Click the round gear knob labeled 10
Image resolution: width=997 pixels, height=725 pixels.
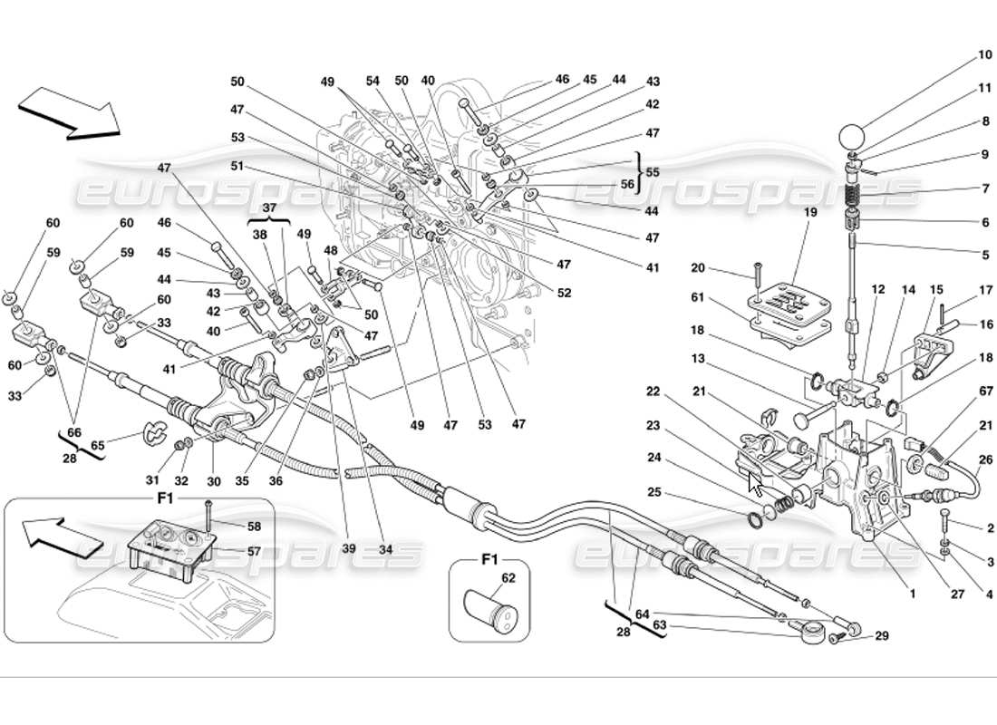pyautogui.click(x=851, y=137)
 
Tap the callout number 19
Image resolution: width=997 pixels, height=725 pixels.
pyautogui.click(x=809, y=212)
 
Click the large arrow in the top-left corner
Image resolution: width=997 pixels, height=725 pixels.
pyautogui.click(x=68, y=113)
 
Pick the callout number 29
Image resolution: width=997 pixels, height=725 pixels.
pyautogui.click(x=881, y=637)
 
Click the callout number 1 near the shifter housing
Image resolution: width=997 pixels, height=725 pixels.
pyautogui.click(x=913, y=594)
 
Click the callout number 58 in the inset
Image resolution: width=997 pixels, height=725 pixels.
pyautogui.click(x=229, y=526)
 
